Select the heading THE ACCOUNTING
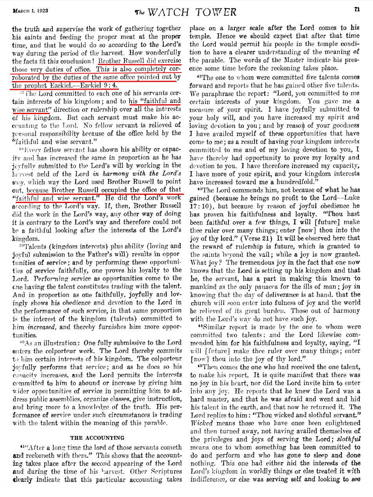(97, 437)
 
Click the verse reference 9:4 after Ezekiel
(111, 85)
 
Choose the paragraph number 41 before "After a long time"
(21, 446)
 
